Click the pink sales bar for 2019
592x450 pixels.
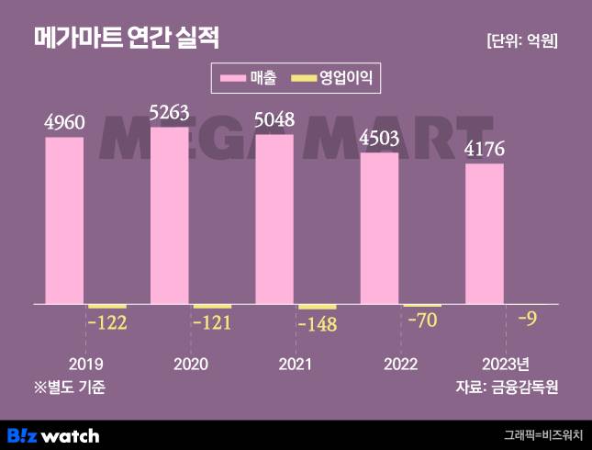pyautogui.click(x=64, y=220)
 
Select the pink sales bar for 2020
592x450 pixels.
pyautogui.click(x=170, y=215)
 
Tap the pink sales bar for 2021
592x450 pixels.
pyautogui.click(x=274, y=219)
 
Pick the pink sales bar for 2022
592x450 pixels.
pyautogui.click(x=379, y=228)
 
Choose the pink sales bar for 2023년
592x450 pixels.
pyautogui.click(x=484, y=233)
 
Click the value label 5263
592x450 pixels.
pyautogui.click(x=169, y=113)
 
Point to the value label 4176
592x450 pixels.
pyautogui.click(x=484, y=149)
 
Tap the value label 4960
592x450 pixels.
pyautogui.click(x=64, y=122)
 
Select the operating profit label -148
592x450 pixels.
pyautogui.click(x=318, y=323)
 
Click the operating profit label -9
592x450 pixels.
pyautogui.click(x=528, y=319)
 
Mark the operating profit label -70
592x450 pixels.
pyautogui.click(x=422, y=321)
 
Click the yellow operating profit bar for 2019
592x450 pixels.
pyautogui.click(x=106, y=306)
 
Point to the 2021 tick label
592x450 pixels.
pyautogui.click(x=295, y=363)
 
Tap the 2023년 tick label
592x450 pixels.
pyautogui.click(x=505, y=363)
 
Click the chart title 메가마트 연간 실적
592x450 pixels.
pyautogui.click(x=126, y=38)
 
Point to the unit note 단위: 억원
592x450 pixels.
pyautogui.click(x=522, y=40)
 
